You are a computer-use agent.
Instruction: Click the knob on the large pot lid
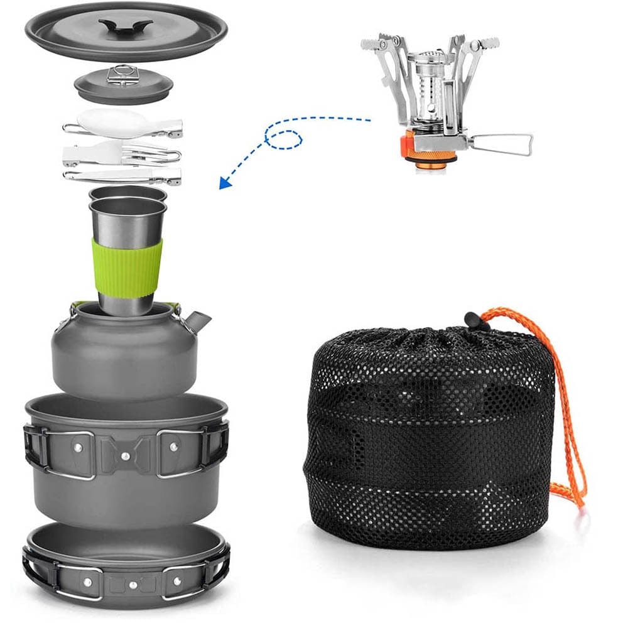126,26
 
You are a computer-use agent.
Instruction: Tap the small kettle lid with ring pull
123,84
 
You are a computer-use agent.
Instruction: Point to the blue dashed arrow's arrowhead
224,183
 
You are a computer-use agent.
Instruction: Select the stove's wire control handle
502,144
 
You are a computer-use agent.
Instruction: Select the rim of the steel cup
127,204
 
